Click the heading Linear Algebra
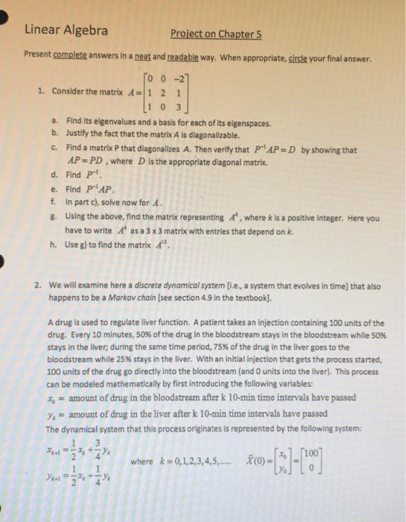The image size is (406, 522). pyautogui.click(x=66, y=31)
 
